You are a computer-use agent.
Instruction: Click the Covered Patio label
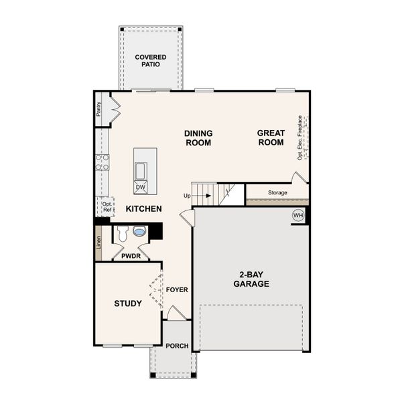pos(151,61)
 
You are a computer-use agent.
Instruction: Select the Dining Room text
pos(198,138)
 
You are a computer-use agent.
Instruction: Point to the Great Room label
pos(271,138)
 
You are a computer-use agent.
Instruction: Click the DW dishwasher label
pos(141,187)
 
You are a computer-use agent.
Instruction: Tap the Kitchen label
pos(144,209)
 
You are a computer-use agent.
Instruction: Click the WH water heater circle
pos(298,216)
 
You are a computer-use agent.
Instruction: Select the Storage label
pos(278,193)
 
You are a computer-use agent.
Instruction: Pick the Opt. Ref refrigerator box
pos(107,206)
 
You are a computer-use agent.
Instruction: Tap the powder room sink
pos(139,232)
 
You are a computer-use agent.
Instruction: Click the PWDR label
pos(130,255)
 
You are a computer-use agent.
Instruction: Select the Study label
pos(127,304)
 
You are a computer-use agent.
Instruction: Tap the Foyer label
pos(177,289)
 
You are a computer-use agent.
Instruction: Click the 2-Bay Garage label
pos(251,279)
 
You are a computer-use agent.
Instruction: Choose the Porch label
pos(177,346)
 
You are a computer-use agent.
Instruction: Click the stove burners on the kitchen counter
pos(103,162)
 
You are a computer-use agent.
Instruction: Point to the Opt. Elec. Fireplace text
pos(300,137)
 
